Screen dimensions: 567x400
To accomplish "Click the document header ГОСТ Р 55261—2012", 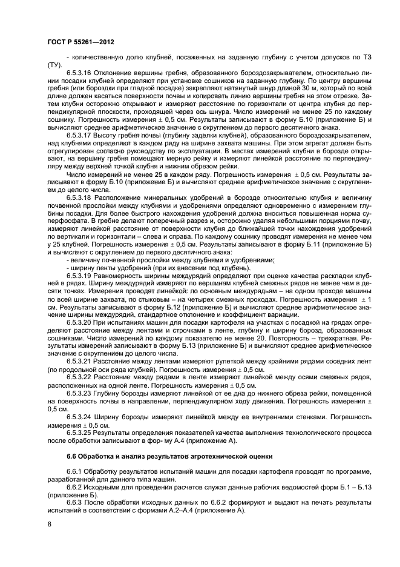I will coord(80,42).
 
